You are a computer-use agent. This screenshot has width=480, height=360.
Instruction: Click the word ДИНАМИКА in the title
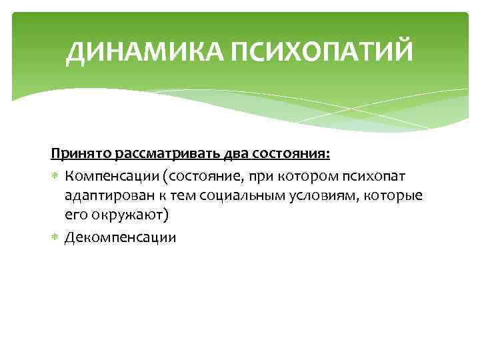(x=145, y=52)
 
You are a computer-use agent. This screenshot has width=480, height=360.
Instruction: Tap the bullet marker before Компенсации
(x=55, y=176)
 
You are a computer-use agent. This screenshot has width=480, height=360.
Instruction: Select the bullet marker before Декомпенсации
(x=55, y=237)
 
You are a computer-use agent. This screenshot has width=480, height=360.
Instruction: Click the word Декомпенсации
(x=121, y=237)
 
